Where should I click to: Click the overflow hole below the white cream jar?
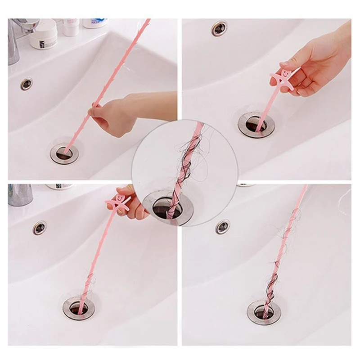pyautogui.click(x=27, y=84)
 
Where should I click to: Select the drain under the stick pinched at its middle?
pyautogui.click(x=64, y=153)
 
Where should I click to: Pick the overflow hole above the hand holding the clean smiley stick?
pyautogui.click(x=220, y=28)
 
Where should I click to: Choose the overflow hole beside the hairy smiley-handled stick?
pyautogui.click(x=40, y=228)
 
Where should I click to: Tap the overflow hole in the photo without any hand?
pyautogui.click(x=222, y=226)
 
